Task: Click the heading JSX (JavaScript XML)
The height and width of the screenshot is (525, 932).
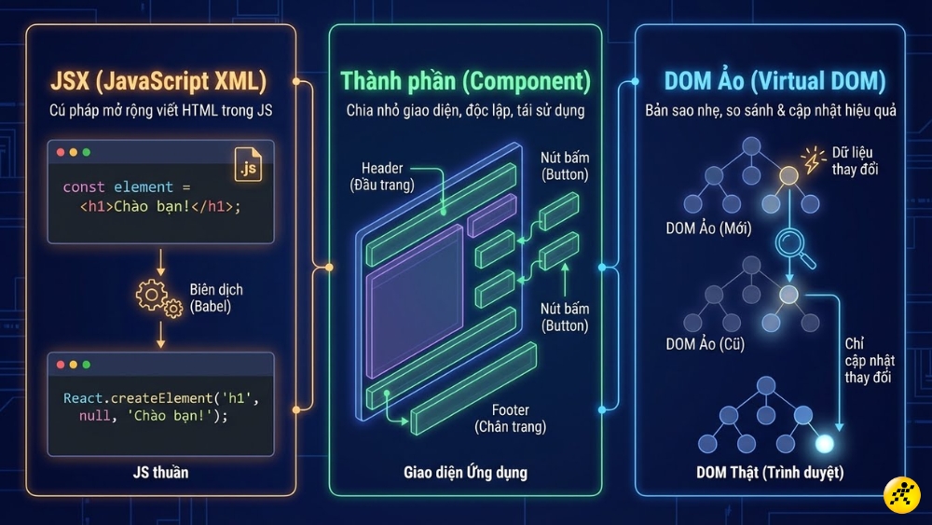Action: point(159,81)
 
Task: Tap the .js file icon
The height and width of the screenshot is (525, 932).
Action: point(248,165)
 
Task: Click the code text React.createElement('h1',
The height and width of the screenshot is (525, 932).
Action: point(159,398)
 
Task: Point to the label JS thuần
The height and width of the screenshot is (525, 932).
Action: point(160,472)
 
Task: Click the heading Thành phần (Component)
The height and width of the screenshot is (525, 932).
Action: point(465,81)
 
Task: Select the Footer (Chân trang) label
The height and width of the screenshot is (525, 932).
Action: point(510,418)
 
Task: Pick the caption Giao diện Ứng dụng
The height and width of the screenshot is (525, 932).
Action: point(465,472)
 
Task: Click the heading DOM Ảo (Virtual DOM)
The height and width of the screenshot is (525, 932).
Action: point(770,81)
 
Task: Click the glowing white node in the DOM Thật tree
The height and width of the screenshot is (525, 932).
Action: point(823,443)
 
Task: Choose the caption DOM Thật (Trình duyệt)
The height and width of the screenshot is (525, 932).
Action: point(770,472)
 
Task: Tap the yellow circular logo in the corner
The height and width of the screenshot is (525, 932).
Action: point(901,494)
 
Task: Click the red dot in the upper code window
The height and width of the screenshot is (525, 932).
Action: point(62,152)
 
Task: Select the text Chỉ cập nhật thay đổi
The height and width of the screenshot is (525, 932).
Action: point(868,360)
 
